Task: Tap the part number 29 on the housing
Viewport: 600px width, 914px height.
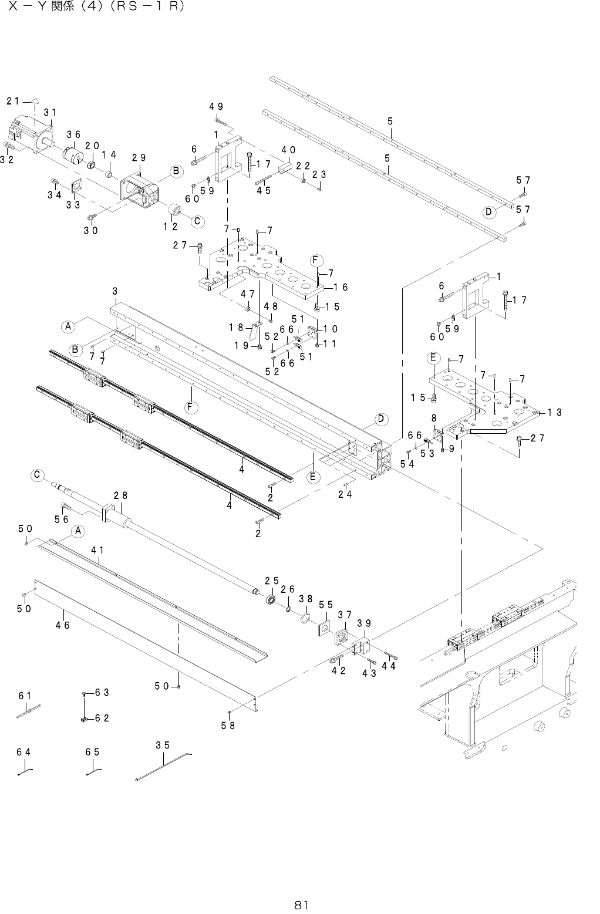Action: point(139,157)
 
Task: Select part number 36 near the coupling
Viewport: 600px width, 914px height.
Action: point(73,134)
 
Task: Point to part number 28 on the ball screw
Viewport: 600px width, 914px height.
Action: point(120,495)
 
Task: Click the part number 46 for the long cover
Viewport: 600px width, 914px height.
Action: point(63,626)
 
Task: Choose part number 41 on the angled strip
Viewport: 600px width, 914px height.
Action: point(98,550)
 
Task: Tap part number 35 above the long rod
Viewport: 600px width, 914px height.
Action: point(163,746)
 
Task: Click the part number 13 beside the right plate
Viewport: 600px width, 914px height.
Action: point(555,413)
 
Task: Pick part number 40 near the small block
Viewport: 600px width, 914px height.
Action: point(288,149)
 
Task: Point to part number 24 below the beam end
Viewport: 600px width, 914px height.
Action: point(345,494)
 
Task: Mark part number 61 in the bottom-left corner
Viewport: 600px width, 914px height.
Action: point(25,696)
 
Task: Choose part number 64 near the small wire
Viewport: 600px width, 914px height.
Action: point(23,752)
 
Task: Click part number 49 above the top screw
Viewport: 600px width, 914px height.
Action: point(216,106)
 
